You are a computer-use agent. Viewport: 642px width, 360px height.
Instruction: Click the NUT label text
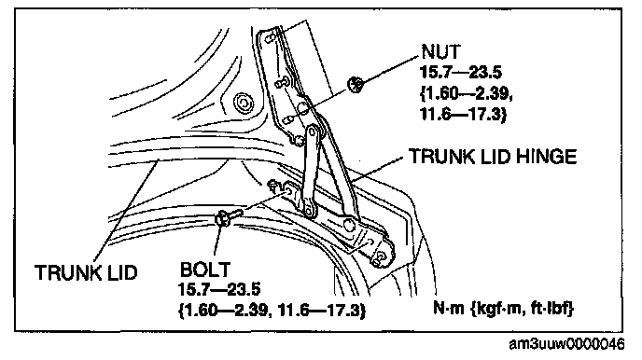coord(441,52)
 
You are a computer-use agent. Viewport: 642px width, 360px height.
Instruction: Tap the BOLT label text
coord(204,270)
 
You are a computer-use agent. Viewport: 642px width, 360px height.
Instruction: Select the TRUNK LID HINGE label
coord(493,157)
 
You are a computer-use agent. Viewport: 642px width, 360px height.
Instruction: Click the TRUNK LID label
coord(86,272)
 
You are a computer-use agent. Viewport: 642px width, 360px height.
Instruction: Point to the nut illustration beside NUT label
coord(356,84)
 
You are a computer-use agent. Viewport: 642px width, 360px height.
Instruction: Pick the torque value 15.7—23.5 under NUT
coord(461,73)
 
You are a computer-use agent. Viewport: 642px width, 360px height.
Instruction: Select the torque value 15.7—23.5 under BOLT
coord(219,290)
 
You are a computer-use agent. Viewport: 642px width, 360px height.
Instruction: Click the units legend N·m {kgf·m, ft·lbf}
coord(504,308)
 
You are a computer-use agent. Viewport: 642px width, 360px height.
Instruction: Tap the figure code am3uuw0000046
coord(567,344)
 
